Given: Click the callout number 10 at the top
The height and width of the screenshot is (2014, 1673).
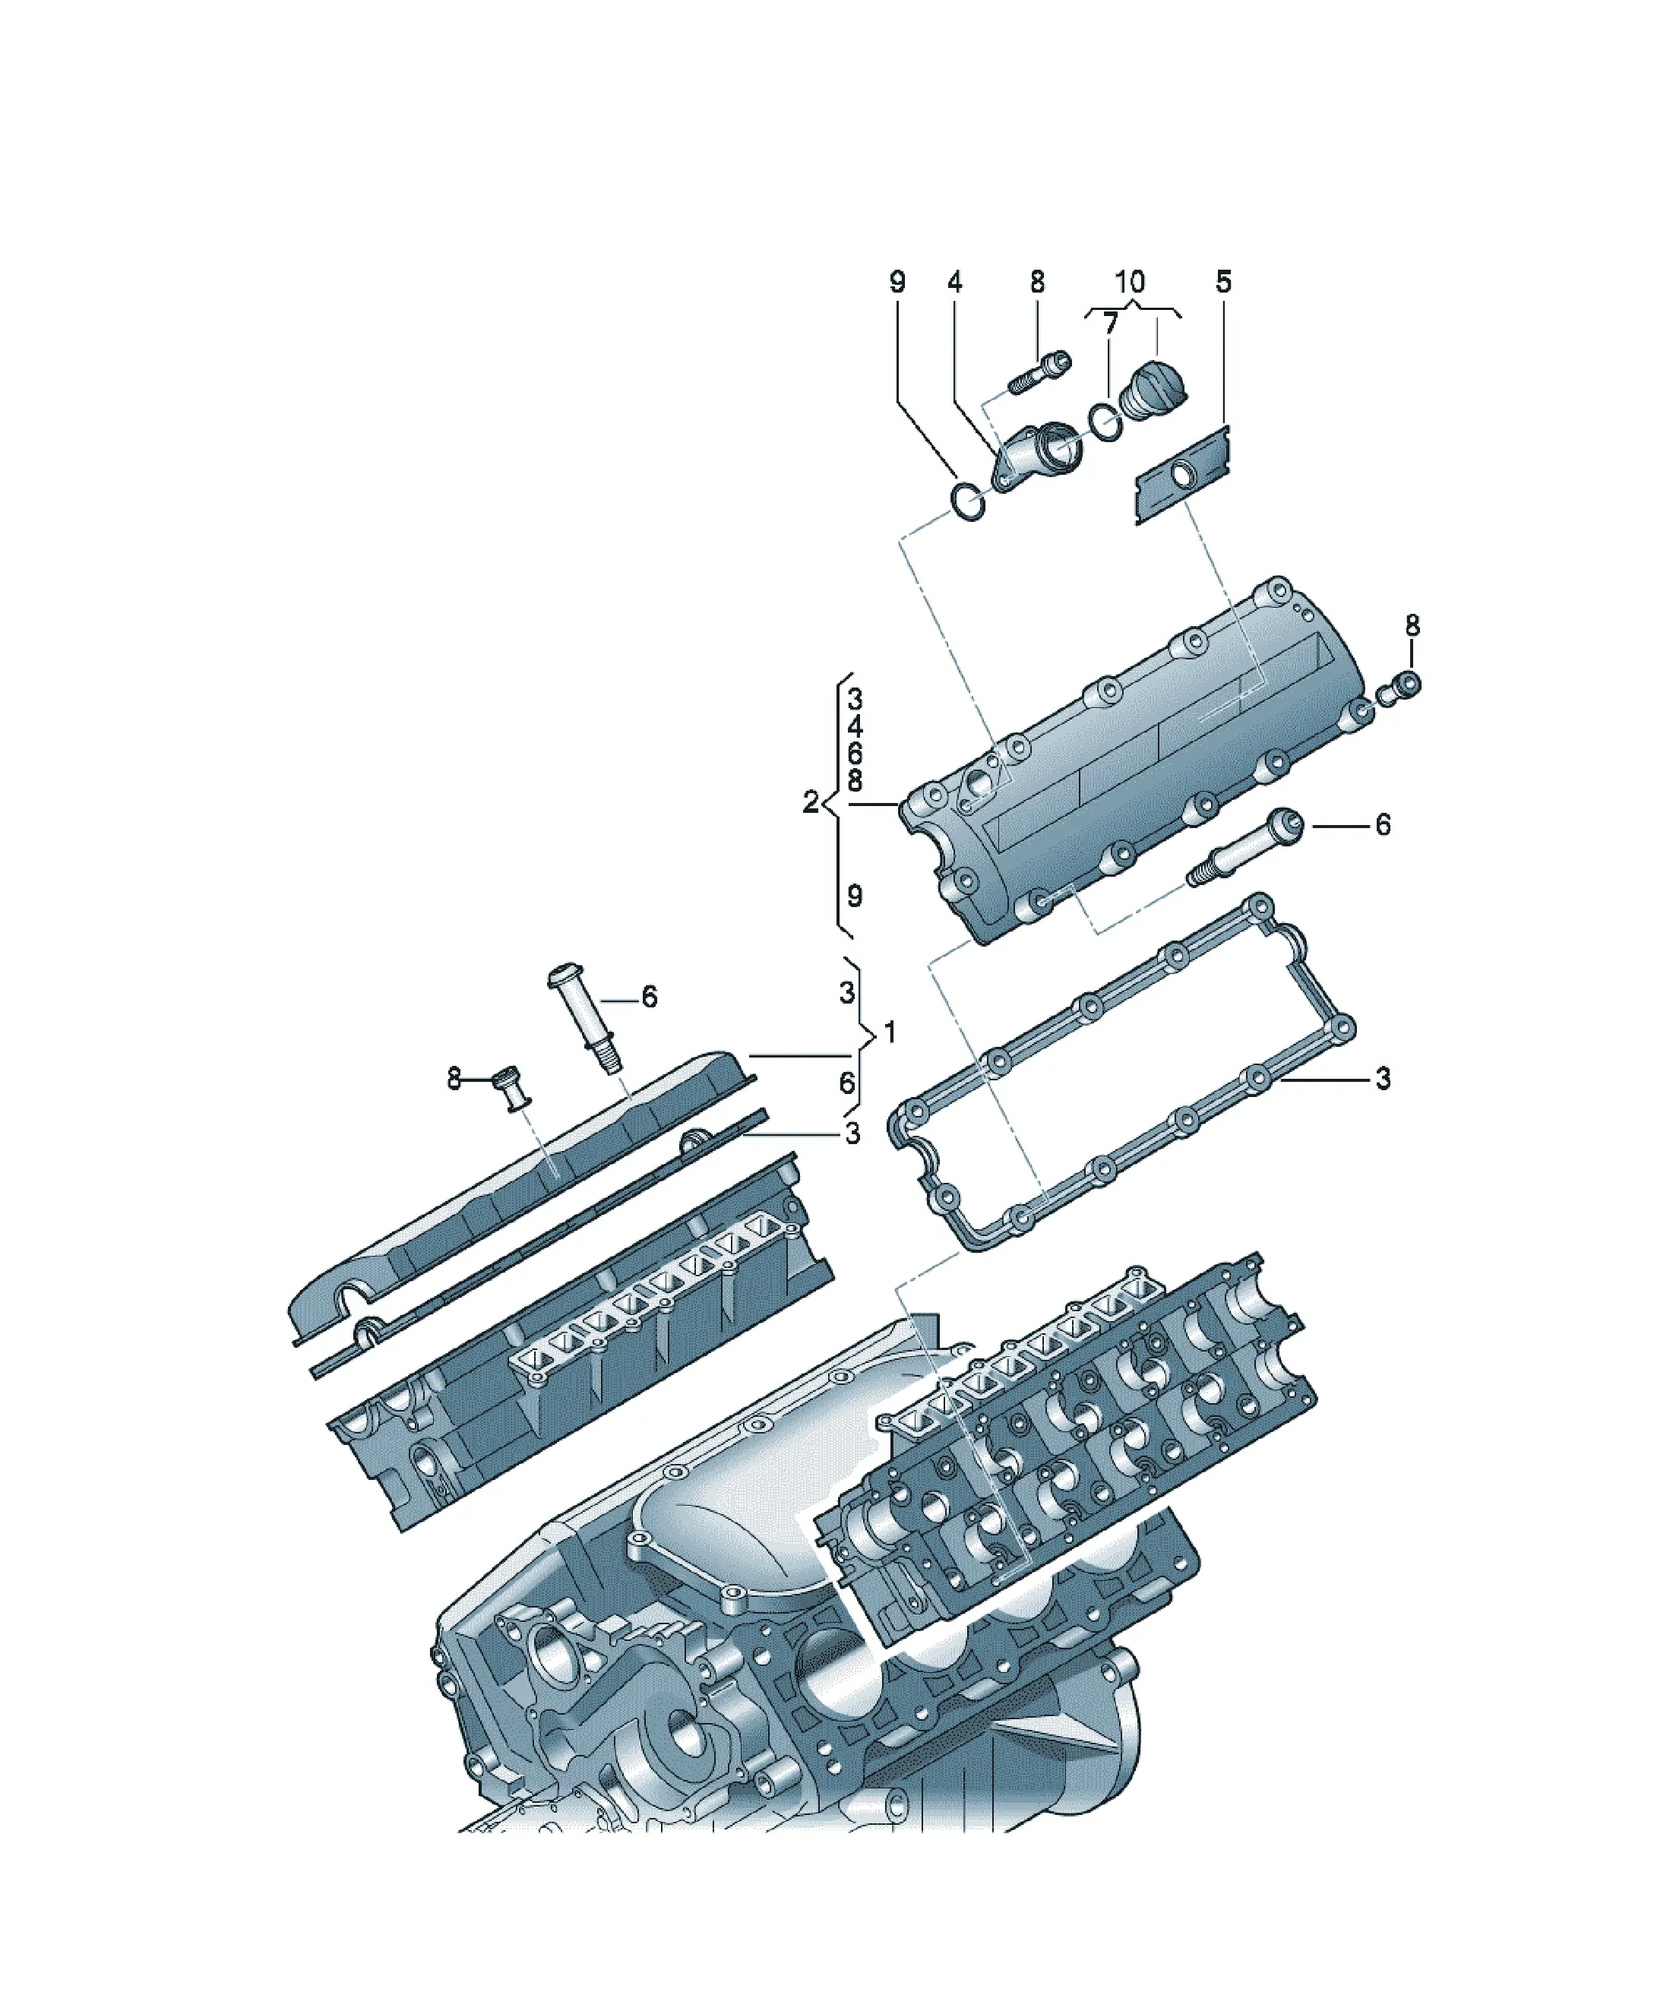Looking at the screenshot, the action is click(1130, 282).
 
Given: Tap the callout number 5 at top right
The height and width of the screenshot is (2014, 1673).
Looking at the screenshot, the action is click(1223, 282).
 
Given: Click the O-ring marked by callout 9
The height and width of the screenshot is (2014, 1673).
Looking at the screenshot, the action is click(968, 502).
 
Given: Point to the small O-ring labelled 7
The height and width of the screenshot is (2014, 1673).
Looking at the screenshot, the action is click(1105, 421).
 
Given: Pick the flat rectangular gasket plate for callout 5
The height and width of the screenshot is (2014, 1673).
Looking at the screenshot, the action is click(1183, 476).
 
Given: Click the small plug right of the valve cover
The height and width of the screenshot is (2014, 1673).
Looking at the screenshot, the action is click(1399, 687).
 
